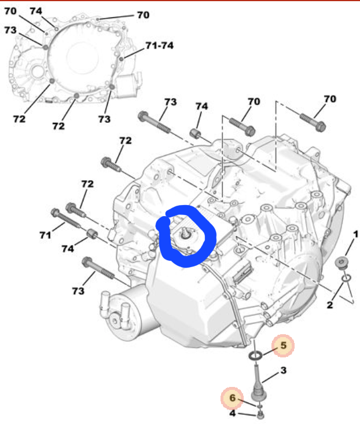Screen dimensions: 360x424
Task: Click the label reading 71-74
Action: tap(160, 45)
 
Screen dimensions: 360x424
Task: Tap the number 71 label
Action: tap(45, 235)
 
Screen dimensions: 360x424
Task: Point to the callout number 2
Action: tap(330, 305)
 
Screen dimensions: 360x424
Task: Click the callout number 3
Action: tap(283, 370)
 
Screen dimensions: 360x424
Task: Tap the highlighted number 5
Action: tap(283, 345)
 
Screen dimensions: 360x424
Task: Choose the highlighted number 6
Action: tap(233, 398)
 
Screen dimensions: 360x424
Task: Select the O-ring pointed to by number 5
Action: tap(255, 356)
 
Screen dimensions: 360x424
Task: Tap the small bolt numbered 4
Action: tap(260, 415)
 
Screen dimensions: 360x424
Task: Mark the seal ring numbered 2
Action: tap(347, 278)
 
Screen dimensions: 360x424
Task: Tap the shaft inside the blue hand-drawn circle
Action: tap(185, 233)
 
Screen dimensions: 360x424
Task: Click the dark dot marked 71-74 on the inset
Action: tap(122, 59)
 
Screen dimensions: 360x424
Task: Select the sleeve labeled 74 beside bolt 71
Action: tap(93, 233)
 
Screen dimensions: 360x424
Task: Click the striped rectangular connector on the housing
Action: tap(242, 273)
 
